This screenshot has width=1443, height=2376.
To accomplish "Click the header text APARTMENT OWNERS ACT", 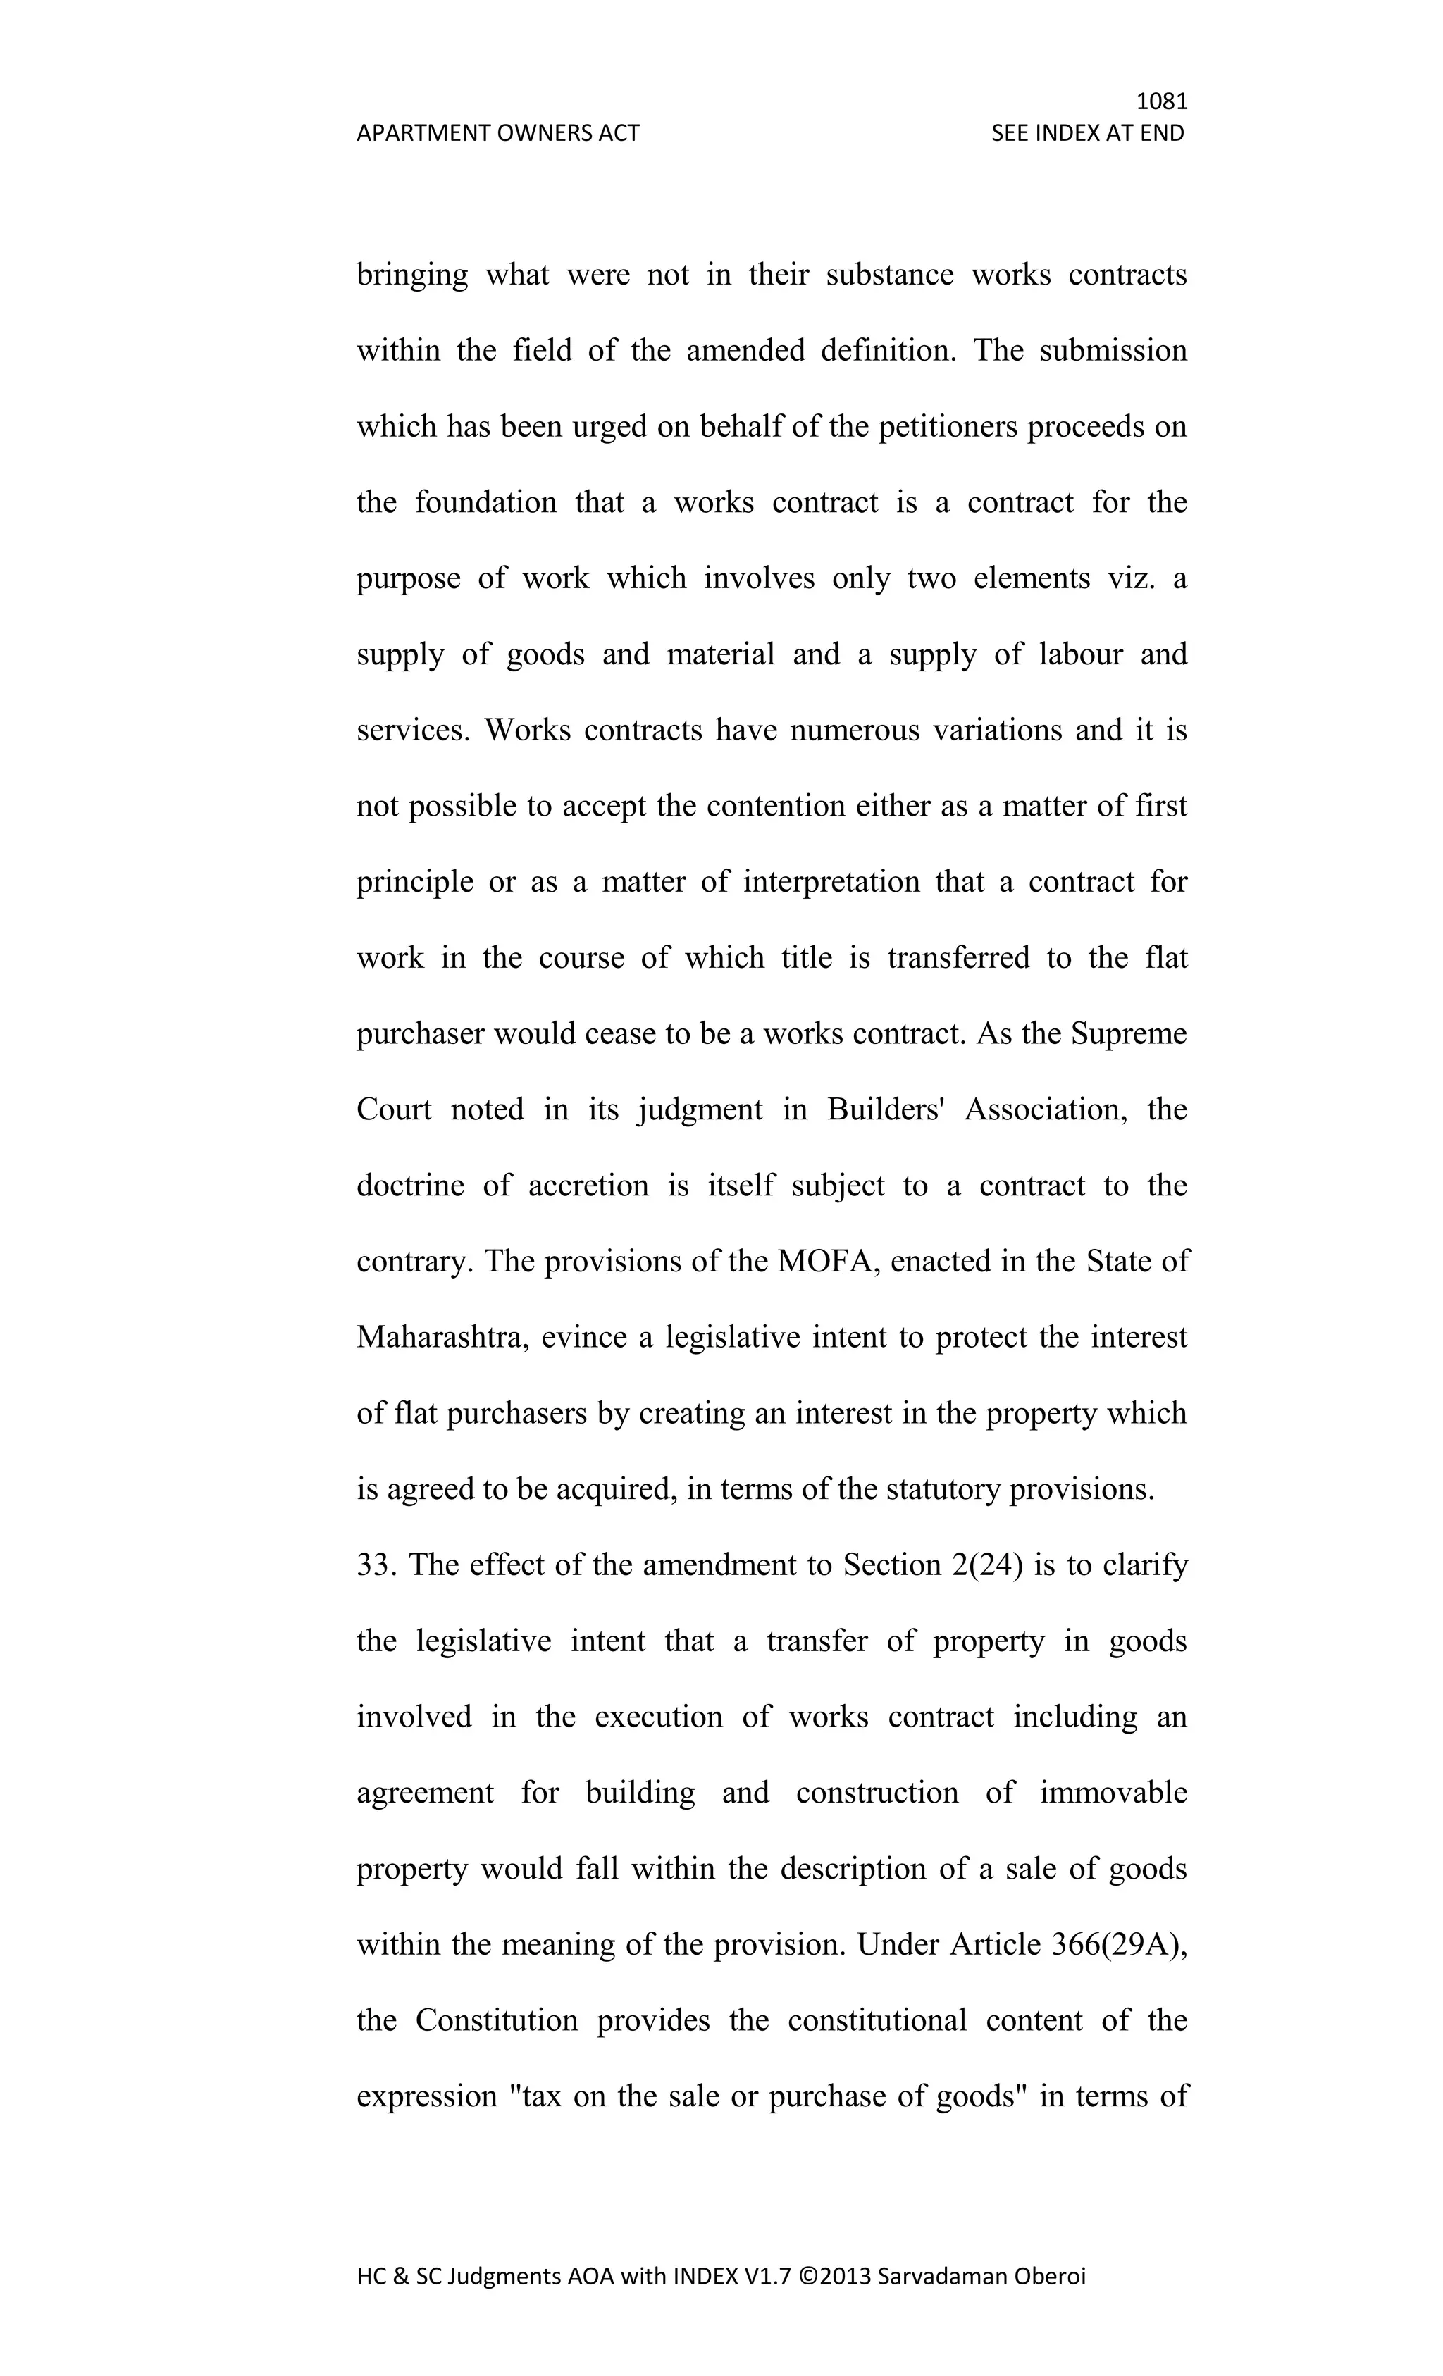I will (x=497, y=133).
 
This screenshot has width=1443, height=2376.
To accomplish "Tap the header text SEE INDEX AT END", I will (x=1087, y=133).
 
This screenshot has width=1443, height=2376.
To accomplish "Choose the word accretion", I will (x=588, y=1185).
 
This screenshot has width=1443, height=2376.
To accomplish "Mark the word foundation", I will (x=486, y=502).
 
